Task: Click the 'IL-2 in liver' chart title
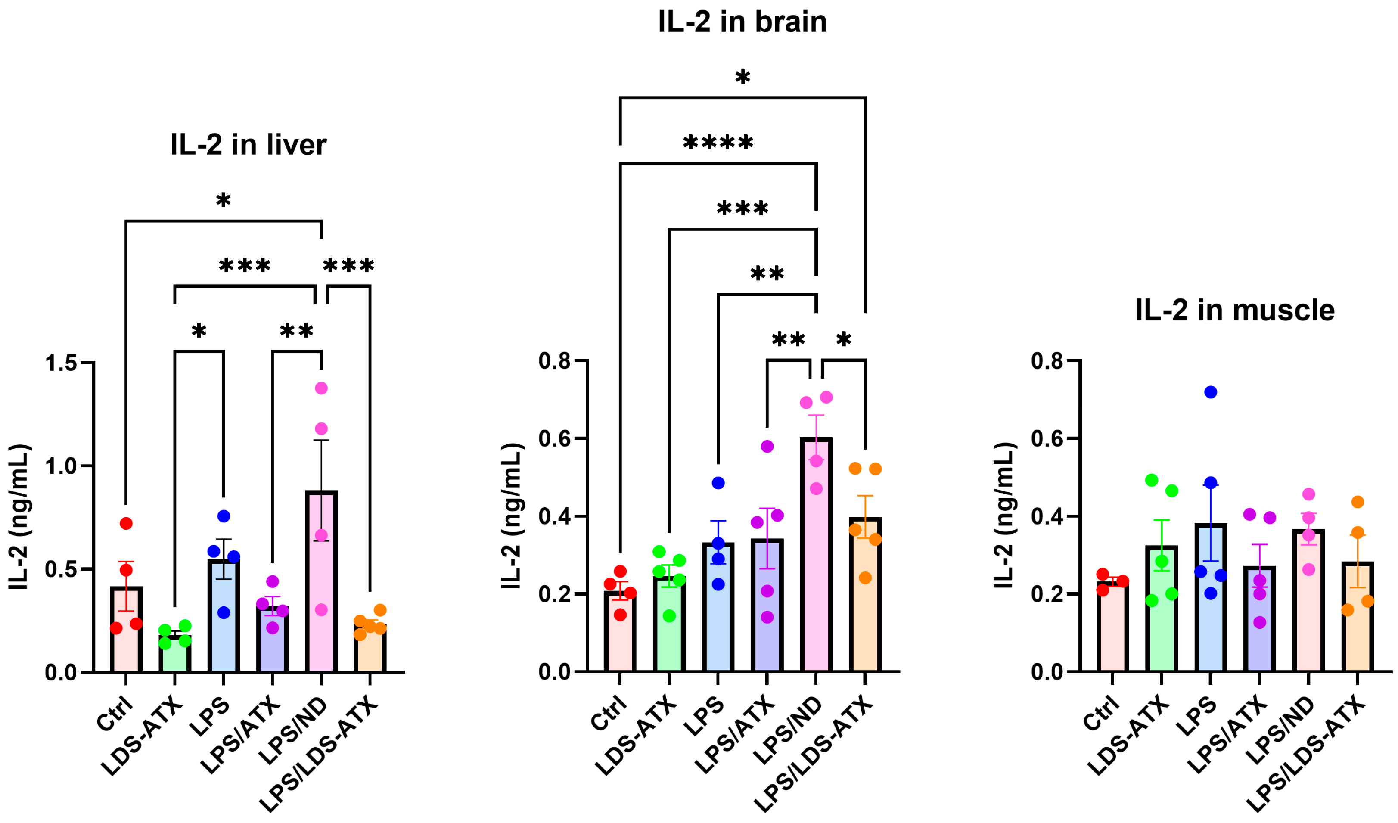(248, 145)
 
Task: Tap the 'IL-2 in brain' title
(742, 22)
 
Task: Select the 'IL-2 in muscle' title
(1235, 310)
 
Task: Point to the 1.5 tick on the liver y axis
(61, 363)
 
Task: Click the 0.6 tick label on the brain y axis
(555, 438)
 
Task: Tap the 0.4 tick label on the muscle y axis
(1047, 516)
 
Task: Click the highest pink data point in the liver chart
(321, 388)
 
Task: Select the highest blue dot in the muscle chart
(1211, 392)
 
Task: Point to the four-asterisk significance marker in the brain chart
(718, 143)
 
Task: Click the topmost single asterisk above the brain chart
(742, 78)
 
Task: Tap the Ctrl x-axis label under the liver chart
(115, 715)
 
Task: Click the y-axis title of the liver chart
(19, 516)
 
